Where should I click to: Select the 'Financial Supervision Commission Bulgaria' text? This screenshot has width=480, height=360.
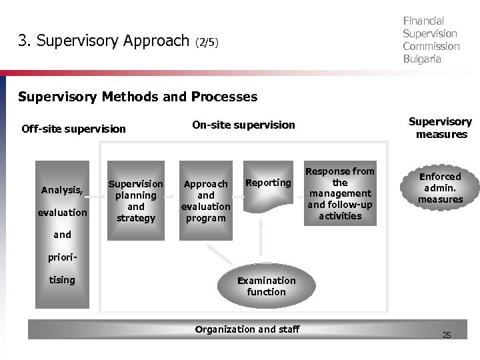(431, 40)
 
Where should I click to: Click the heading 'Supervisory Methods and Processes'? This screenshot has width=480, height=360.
(137, 97)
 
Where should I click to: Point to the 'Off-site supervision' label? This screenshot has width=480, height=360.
(73, 129)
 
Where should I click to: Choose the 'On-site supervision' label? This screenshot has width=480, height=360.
(243, 124)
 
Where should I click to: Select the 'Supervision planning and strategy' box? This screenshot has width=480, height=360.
(136, 201)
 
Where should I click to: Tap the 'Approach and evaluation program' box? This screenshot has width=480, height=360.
(206, 200)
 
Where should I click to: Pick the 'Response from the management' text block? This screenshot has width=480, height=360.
(340, 193)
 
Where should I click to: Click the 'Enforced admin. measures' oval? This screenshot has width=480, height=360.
(439, 188)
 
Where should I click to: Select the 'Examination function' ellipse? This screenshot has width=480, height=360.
(266, 286)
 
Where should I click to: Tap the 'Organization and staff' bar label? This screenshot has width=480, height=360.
(247, 329)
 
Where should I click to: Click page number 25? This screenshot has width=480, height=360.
(447, 335)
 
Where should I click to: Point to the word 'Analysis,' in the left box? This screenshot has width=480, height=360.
(61, 190)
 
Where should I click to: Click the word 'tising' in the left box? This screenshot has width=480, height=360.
(62, 279)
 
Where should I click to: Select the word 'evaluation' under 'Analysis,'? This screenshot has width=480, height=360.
(63, 212)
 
